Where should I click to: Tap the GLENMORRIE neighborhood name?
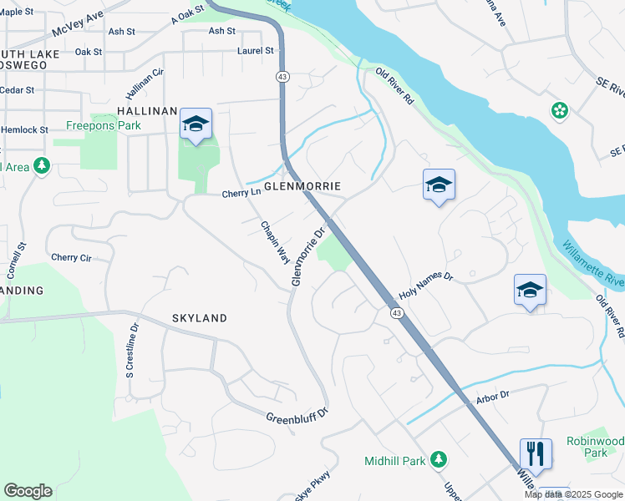pos(303,185)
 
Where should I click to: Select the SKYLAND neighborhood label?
pos(200,318)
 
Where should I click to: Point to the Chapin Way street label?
pos(275,242)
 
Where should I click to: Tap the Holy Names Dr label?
pos(425,287)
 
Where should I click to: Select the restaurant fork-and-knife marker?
pos(536,454)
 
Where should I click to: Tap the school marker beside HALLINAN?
pos(196,124)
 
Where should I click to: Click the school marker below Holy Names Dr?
pos(530,291)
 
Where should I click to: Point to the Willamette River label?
pos(593,261)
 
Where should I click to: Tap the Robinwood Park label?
pos(594,446)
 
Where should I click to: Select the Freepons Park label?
pos(104,126)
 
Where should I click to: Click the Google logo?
pos(28,491)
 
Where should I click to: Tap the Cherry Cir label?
pos(71,258)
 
